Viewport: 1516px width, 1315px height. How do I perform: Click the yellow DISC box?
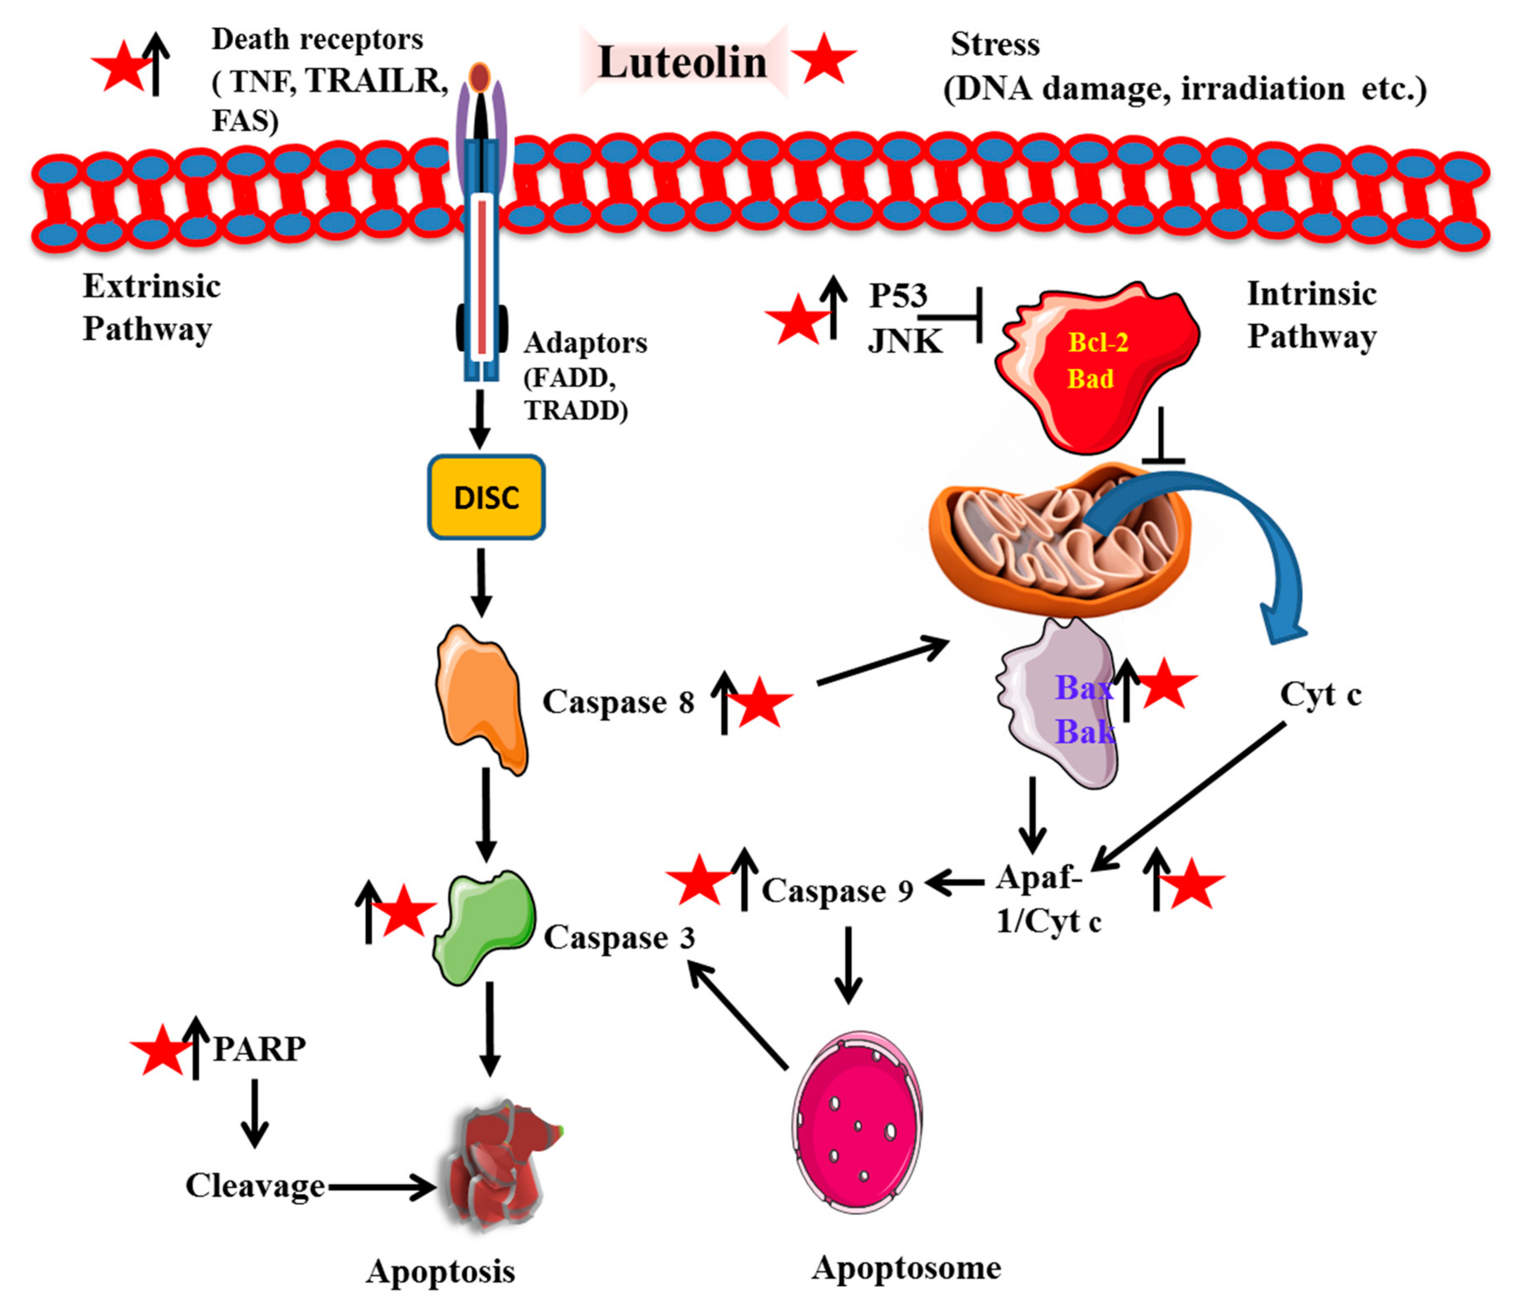[486, 497]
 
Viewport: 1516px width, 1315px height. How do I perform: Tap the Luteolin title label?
[682, 62]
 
